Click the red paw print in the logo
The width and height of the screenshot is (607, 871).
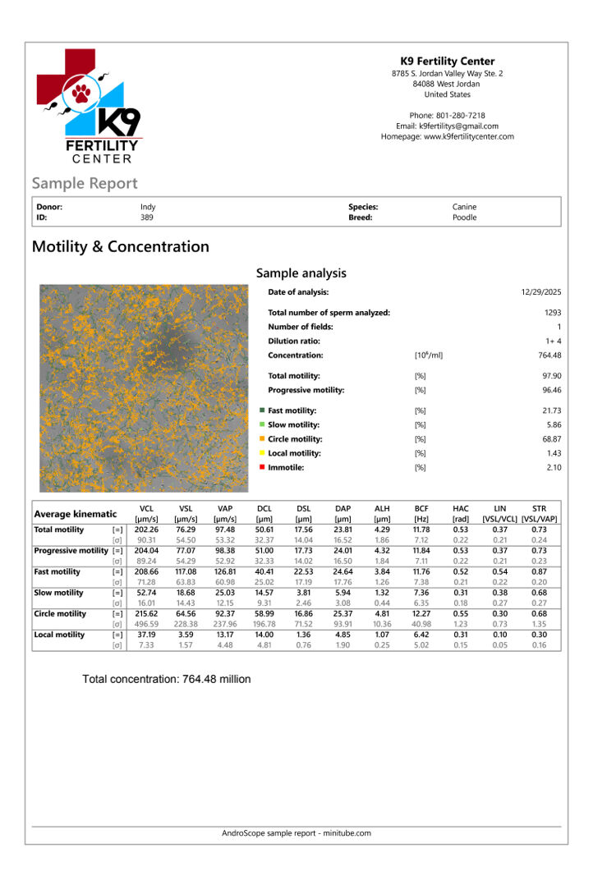(x=80, y=93)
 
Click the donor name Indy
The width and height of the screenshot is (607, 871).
(x=148, y=208)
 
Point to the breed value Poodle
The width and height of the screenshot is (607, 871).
(x=464, y=218)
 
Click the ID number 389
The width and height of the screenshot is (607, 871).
(x=147, y=218)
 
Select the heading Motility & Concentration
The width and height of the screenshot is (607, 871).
(x=120, y=247)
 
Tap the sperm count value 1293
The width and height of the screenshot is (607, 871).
(x=552, y=313)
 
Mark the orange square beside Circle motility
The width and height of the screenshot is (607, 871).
(x=262, y=439)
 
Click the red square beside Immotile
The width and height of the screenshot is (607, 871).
(x=262, y=467)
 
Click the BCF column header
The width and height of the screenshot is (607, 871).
(x=421, y=509)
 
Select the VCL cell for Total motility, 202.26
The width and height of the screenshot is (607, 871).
(x=146, y=530)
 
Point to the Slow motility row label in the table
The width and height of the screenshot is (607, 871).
(x=58, y=593)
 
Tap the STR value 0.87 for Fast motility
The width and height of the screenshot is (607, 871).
(x=539, y=571)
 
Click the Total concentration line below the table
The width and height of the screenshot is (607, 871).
(x=167, y=679)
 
